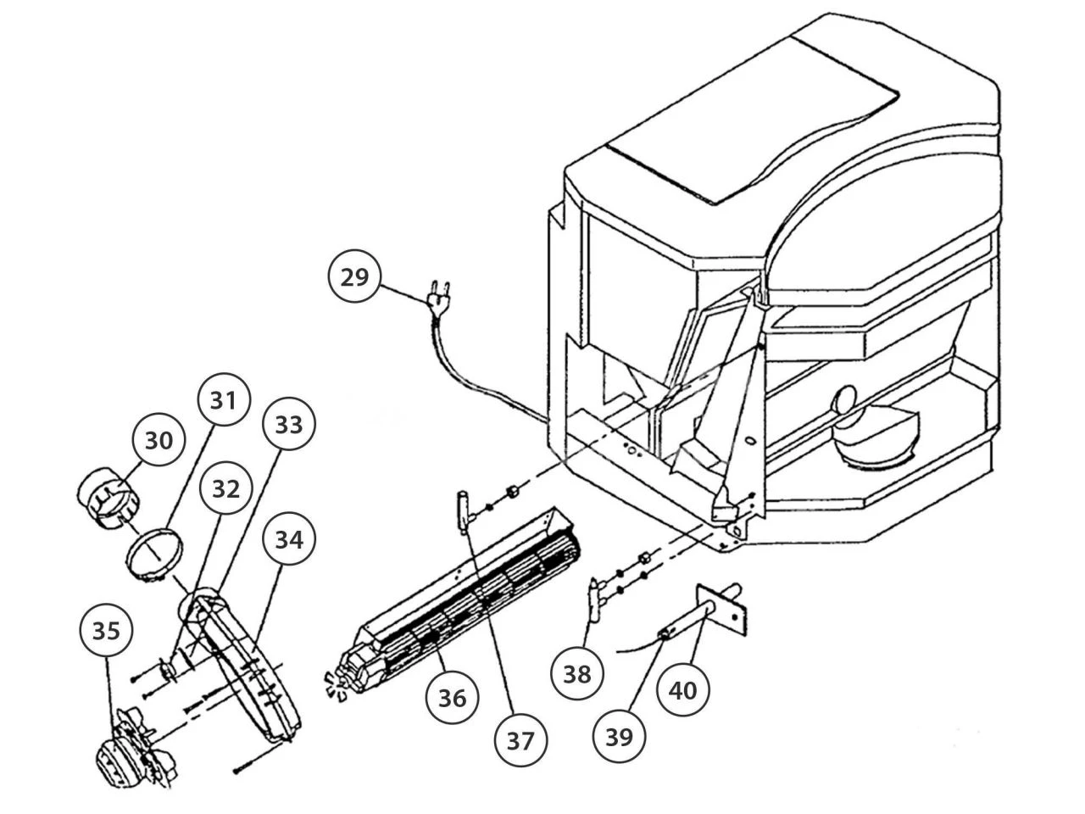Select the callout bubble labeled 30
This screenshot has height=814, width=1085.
pos(159,440)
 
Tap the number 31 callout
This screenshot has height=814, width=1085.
pos(223,399)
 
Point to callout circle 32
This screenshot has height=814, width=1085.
pos(225,489)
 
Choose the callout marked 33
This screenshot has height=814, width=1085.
pos(288,425)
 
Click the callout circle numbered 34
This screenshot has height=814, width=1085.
pos(288,538)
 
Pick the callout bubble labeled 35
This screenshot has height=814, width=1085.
pos(107,632)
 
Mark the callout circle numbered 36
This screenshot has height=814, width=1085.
pos(452,697)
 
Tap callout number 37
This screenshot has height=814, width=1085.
pos(521,740)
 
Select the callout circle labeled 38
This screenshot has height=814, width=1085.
pos(577,674)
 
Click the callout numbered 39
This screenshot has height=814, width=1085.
pos(620,736)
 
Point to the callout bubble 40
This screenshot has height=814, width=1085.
pos(683,690)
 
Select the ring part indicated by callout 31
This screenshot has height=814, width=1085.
pos(153,552)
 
